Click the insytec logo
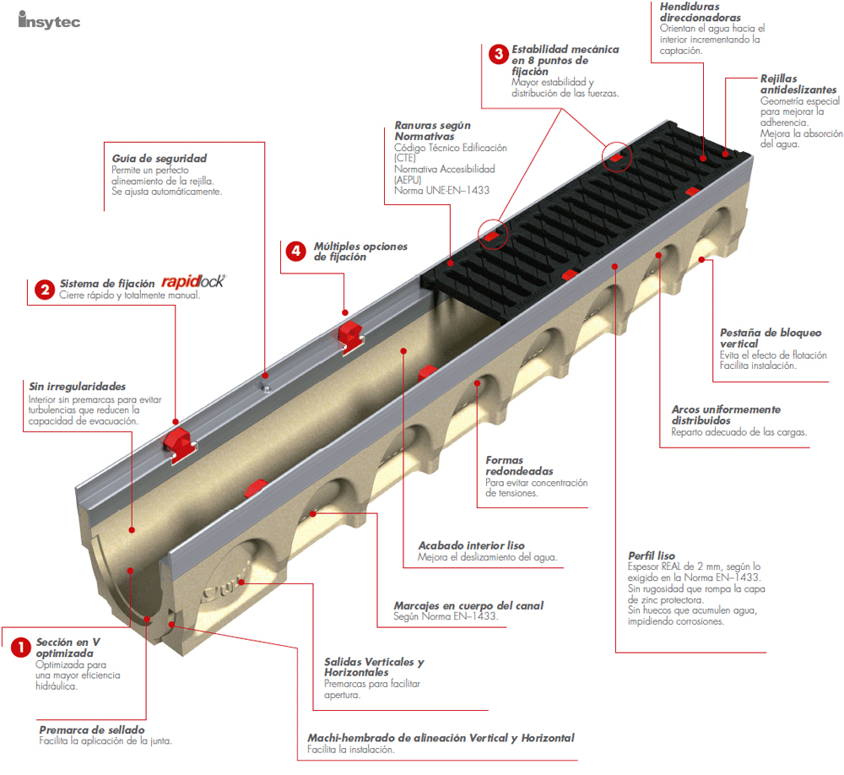pyautogui.click(x=49, y=20)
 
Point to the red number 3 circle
pyautogui.click(x=498, y=55)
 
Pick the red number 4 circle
pyautogui.click(x=295, y=251)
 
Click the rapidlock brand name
pyautogui.click(x=192, y=282)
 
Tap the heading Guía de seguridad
pyautogui.click(x=159, y=158)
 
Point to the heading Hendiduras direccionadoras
pyautogui.click(x=701, y=12)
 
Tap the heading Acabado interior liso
pyautogui.click(x=471, y=545)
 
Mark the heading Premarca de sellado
pyautogui.click(x=92, y=729)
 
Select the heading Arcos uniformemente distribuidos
pyautogui.click(x=726, y=415)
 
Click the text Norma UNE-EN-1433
pyautogui.click(x=441, y=191)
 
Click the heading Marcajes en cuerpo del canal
pyautogui.click(x=468, y=605)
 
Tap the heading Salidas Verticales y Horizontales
pyautogui.click(x=374, y=667)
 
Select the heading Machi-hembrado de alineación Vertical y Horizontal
pyautogui.click(x=441, y=737)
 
